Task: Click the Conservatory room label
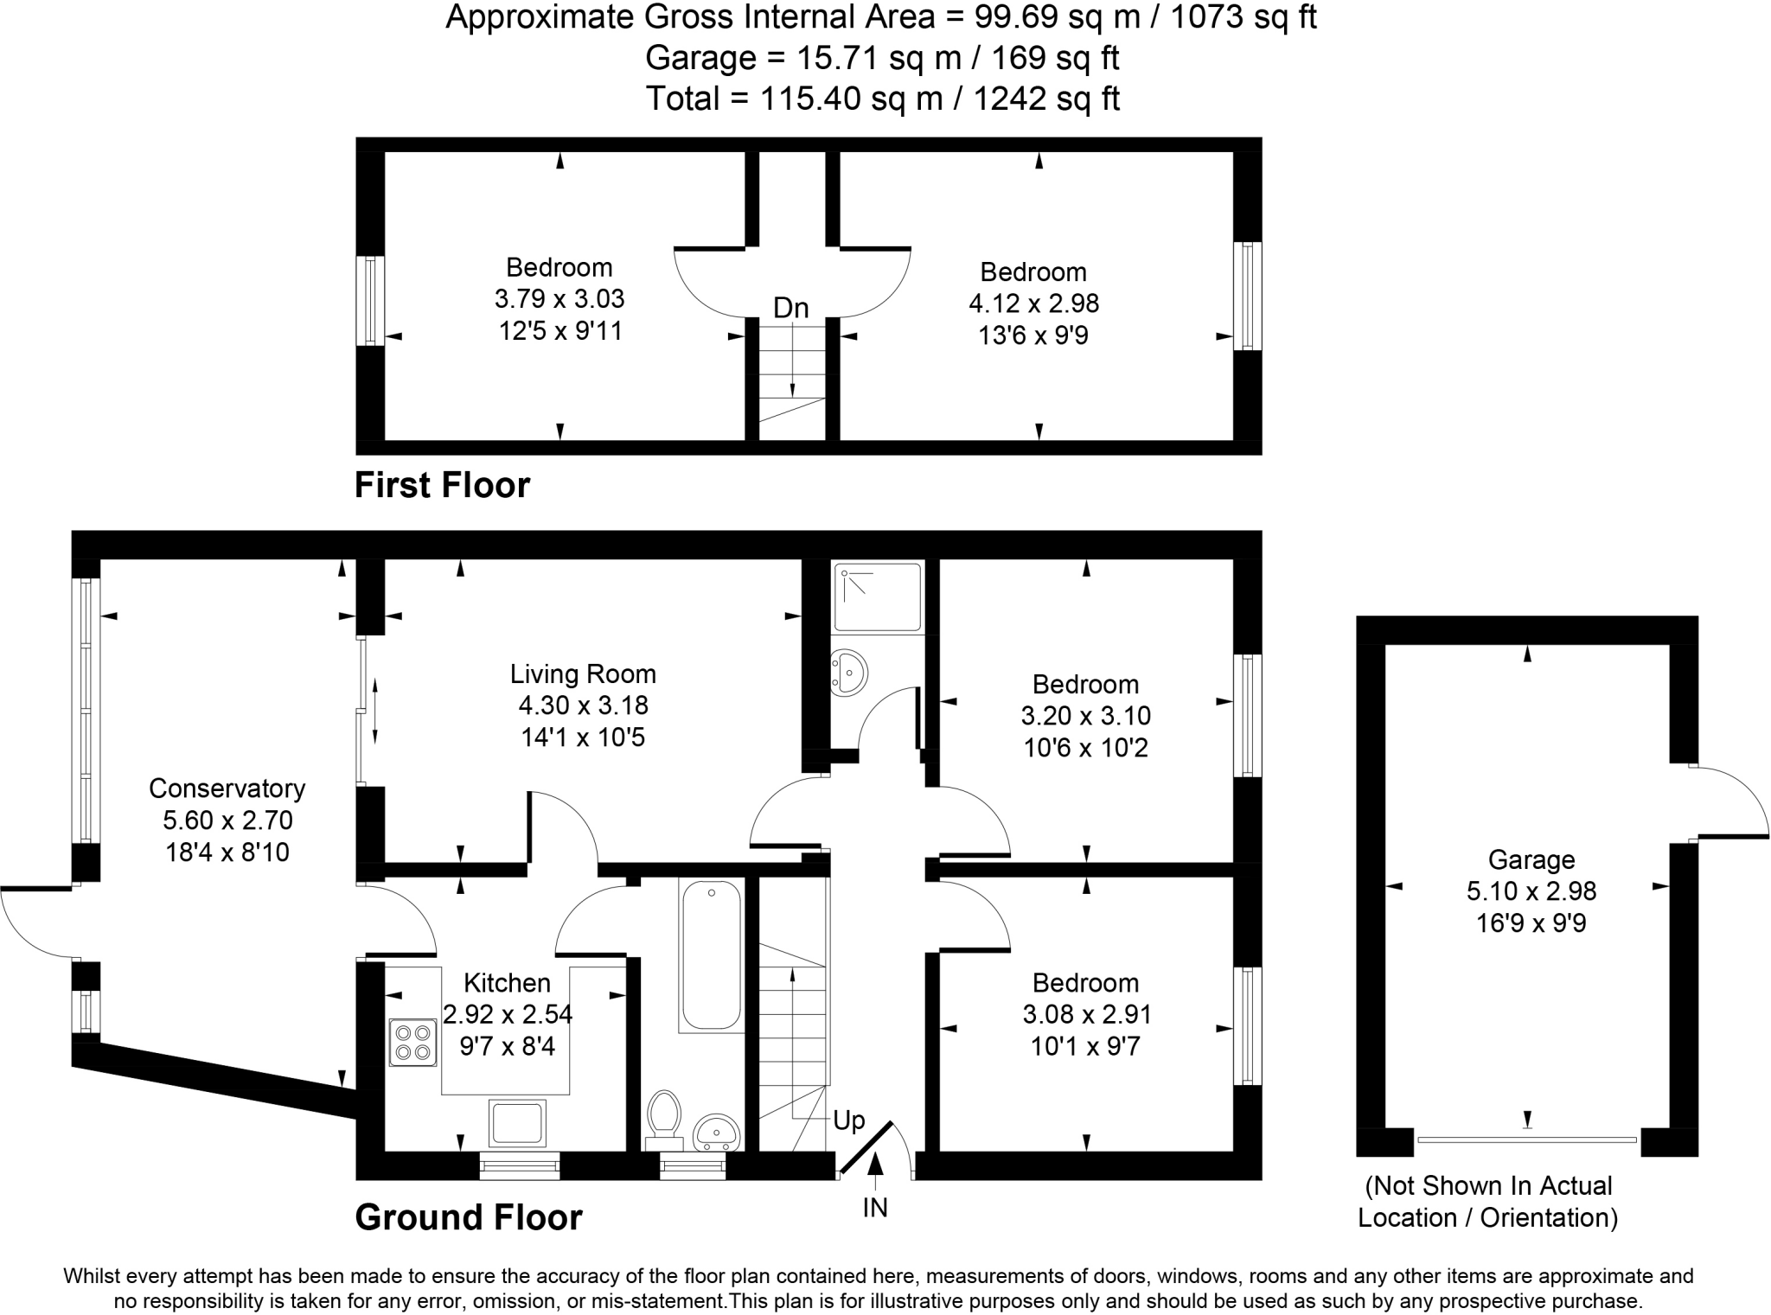[x=227, y=788]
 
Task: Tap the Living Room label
[x=582, y=673]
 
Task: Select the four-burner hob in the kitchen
[x=412, y=1042]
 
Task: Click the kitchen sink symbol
[x=517, y=1122]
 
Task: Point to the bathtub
[x=711, y=955]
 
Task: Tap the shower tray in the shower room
[x=877, y=596]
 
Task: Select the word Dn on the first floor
[x=790, y=308]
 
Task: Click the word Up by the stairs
[x=848, y=1121]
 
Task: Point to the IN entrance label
[x=875, y=1207]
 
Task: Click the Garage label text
[x=1531, y=859]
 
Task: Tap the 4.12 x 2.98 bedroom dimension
[x=1033, y=303]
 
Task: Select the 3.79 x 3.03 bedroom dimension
[x=559, y=299]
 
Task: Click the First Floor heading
[x=442, y=485]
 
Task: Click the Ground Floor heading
[x=469, y=1217]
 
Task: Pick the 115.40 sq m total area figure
[x=851, y=99]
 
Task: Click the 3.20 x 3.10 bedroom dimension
[x=1085, y=716]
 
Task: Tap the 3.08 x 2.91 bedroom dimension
[x=1086, y=1014]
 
